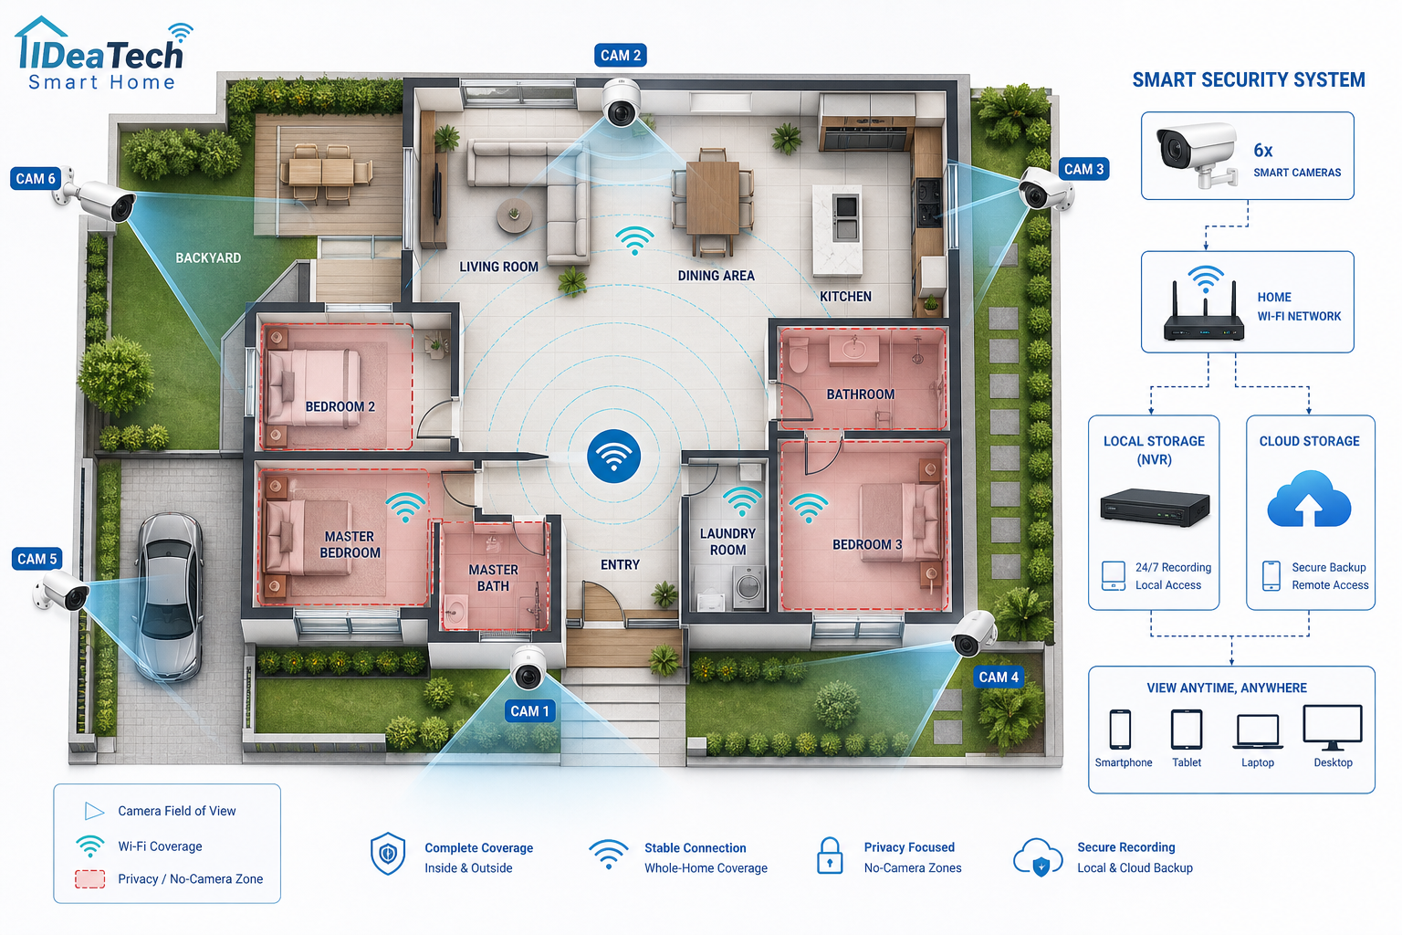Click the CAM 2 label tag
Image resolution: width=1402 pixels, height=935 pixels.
[621, 55]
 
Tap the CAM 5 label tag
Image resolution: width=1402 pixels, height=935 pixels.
[37, 559]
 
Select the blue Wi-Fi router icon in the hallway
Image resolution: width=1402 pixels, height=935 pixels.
[613, 456]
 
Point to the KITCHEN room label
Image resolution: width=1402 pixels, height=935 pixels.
[845, 296]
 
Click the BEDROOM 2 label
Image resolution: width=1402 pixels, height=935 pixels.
[340, 406]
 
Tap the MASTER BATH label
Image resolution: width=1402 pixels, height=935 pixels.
[493, 578]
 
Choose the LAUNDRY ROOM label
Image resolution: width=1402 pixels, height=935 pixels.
[727, 541]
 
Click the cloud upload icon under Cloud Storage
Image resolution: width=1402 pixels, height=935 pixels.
[1309, 499]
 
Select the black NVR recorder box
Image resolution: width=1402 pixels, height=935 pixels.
[1155, 507]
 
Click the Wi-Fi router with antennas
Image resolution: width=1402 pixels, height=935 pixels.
[1204, 310]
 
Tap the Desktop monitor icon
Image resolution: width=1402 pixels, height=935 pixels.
[1333, 727]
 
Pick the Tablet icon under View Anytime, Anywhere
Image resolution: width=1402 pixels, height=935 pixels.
[1187, 729]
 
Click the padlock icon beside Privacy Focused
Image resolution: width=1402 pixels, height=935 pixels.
[830, 856]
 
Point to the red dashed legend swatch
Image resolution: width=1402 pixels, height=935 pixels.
[90, 879]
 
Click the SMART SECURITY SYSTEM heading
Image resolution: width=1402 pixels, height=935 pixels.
[1248, 80]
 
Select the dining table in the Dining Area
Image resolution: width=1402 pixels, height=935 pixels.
[712, 197]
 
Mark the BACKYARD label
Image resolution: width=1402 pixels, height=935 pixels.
[208, 258]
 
